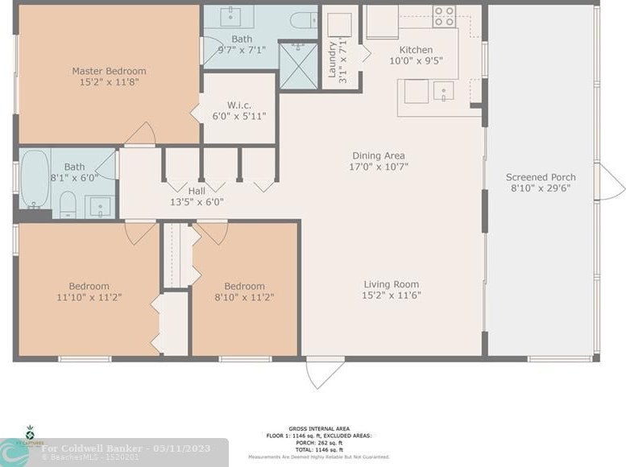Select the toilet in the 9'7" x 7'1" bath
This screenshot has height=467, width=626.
(304, 20)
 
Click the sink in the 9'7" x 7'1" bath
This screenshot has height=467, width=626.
(237, 15)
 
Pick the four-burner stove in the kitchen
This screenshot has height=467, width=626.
(444, 16)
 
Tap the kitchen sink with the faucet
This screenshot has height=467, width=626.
(443, 92)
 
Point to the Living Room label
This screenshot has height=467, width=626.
(392, 284)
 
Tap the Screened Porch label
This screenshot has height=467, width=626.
(541, 177)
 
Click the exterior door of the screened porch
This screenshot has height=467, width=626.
(609, 181)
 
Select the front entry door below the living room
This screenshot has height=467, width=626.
(325, 372)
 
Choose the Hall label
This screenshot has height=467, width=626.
(197, 191)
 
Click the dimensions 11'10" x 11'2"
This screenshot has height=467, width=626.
(88, 298)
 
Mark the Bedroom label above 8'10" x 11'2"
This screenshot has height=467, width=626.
(244, 286)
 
